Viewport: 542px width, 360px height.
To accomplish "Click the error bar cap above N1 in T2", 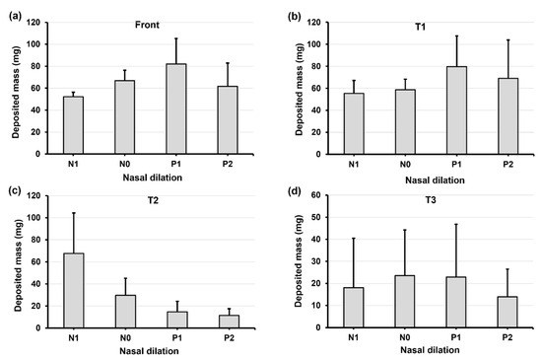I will [73, 213].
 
